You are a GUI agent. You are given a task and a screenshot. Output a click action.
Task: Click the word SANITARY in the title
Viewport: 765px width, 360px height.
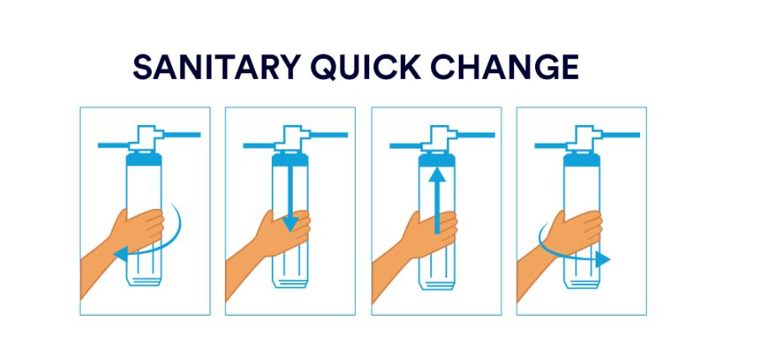[x=216, y=67]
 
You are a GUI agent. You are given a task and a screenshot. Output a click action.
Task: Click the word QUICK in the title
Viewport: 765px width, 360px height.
[x=366, y=67]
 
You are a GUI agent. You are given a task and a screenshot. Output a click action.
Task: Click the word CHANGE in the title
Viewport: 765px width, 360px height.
[x=504, y=67]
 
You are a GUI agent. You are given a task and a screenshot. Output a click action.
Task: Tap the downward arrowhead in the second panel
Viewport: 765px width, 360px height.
[x=290, y=224]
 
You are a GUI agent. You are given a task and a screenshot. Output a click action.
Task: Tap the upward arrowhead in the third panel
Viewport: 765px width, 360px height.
[x=437, y=175]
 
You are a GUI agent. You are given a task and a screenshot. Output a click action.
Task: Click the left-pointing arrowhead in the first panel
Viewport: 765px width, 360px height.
[x=121, y=253]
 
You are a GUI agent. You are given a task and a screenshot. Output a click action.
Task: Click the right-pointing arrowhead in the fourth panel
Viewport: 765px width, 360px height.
[x=603, y=259]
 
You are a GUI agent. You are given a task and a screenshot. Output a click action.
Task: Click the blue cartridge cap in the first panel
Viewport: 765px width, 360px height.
[x=144, y=159]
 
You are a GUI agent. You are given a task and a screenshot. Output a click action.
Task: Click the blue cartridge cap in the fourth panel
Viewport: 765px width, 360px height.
[x=581, y=159]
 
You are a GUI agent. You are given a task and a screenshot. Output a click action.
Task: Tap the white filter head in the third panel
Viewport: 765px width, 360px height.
[x=438, y=138]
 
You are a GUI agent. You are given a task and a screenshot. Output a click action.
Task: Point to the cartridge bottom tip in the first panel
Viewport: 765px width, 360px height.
[x=143, y=280]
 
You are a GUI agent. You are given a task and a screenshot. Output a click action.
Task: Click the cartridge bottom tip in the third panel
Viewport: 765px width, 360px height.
[x=437, y=284]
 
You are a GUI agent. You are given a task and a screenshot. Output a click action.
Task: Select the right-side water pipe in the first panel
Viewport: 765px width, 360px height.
[x=182, y=134]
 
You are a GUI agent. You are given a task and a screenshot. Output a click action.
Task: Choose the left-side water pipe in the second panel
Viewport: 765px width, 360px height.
[x=259, y=145]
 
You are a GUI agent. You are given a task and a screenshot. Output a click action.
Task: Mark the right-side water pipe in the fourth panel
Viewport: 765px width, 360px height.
[x=621, y=134]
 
